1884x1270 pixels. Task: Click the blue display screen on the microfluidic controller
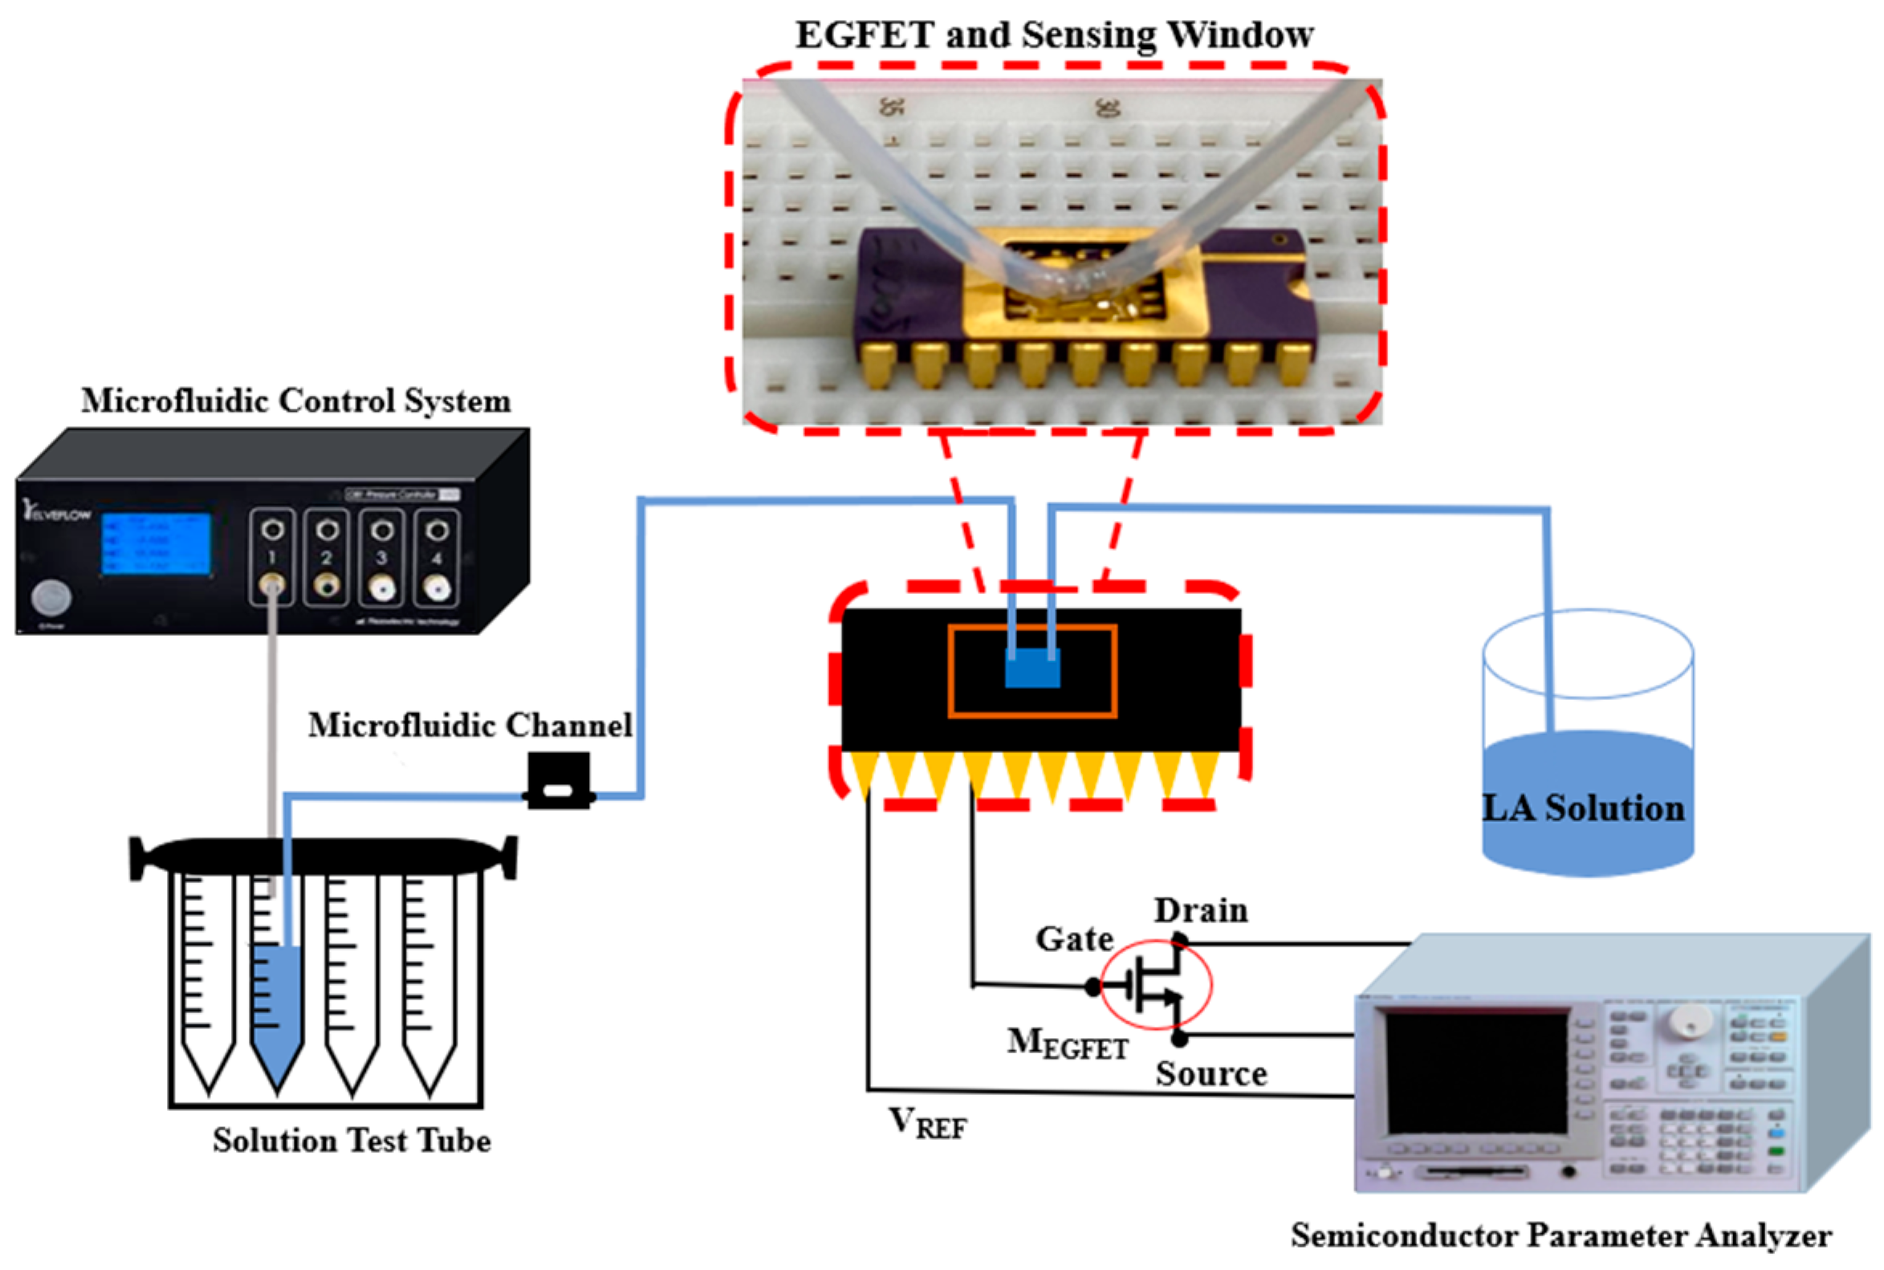pos(157,543)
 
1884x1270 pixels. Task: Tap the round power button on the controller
pos(51,599)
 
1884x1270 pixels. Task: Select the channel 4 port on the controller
pos(437,558)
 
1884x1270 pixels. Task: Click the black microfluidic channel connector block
pos(558,781)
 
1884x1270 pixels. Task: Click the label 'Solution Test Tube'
pos(352,1141)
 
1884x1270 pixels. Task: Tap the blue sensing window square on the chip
pos(1032,669)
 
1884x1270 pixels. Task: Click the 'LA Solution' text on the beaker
pos(1583,808)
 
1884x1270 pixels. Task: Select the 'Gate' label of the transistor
pos(1074,938)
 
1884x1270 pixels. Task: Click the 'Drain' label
pos(1200,910)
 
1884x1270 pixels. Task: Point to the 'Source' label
pos(1211,1074)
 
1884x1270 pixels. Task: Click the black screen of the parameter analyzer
pos(1475,1073)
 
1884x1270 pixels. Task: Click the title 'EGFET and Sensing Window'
pos(1054,35)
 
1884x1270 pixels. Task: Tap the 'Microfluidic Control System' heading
pos(295,401)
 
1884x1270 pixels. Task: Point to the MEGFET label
pos(1067,1044)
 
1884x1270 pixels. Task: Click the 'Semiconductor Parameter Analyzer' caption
pos(1561,1236)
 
